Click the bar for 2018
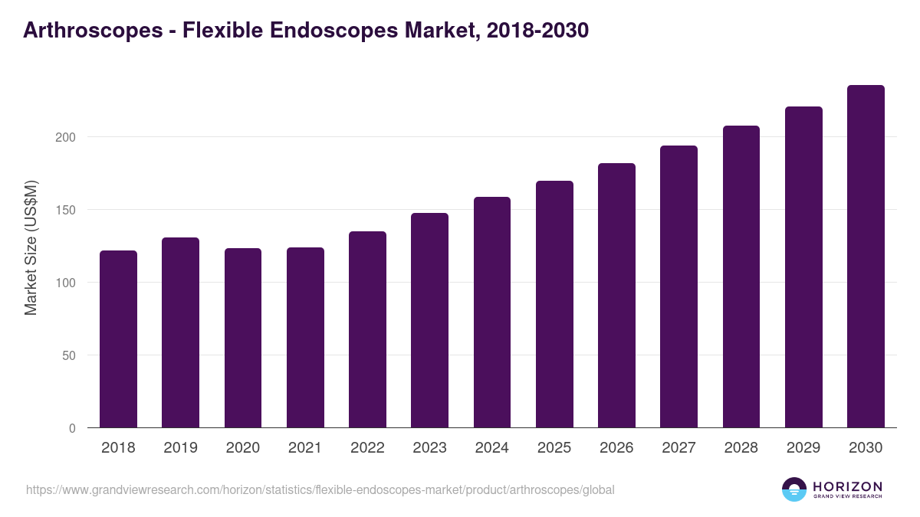[x=118, y=339]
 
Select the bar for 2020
[x=243, y=338]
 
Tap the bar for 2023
[x=429, y=320]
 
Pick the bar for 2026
[x=616, y=296]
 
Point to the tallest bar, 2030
[x=866, y=257]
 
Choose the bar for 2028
[x=741, y=276]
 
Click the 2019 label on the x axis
[x=180, y=448]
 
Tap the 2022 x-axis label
[x=367, y=448]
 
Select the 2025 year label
[x=554, y=448]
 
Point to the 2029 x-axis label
[x=803, y=448]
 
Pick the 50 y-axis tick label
[x=69, y=355]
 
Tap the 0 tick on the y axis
[x=72, y=428]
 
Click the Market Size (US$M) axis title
[x=31, y=247]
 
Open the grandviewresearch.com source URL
[x=320, y=489]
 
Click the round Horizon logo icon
[x=794, y=489]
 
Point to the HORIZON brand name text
[x=847, y=486]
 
